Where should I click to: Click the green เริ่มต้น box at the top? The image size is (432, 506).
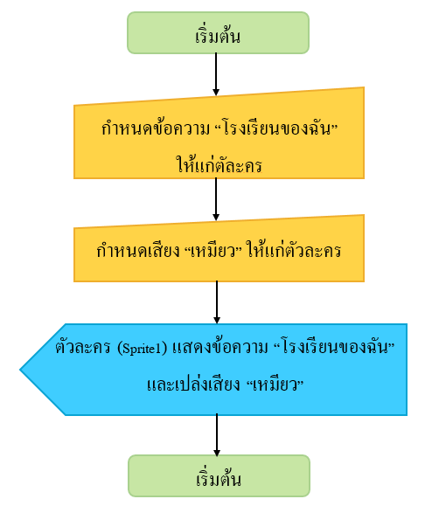point(218,33)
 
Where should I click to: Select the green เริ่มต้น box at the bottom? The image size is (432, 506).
point(219,475)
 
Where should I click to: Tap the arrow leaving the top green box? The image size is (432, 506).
point(216,74)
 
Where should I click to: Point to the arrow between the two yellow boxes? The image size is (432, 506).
point(216,199)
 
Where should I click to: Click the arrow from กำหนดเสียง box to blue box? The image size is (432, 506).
point(217,302)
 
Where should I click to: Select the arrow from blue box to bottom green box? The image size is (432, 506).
point(217,435)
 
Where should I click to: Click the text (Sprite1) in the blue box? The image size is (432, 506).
point(142,348)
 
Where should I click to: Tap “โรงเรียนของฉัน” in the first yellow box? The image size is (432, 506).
point(276,128)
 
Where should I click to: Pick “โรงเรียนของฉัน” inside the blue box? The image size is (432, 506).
point(334,348)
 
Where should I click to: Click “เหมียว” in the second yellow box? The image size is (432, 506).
point(215,251)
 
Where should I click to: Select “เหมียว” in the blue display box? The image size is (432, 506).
point(275,385)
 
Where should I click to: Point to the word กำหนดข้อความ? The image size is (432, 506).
point(156,128)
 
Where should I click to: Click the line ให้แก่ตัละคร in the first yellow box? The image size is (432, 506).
point(219,164)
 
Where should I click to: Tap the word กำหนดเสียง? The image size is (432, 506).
point(138,251)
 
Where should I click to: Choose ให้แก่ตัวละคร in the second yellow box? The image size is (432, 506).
point(294,250)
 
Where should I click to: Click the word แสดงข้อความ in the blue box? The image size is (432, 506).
point(220,348)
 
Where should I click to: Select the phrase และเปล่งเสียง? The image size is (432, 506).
point(194,384)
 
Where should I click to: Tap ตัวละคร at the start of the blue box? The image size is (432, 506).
point(83,348)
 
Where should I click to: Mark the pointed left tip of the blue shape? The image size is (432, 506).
point(20,370)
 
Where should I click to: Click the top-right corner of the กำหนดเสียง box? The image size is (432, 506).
point(364,215)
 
